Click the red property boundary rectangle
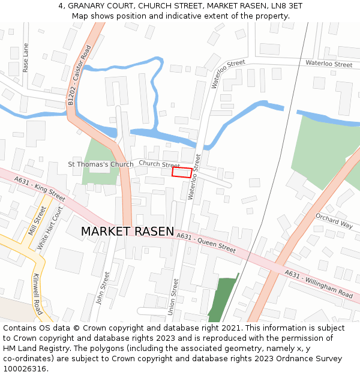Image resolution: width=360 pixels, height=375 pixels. point(182,173)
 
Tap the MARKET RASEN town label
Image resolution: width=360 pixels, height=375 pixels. point(127,232)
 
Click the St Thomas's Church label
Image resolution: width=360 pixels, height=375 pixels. point(101,164)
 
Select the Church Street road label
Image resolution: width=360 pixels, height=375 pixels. point(159,164)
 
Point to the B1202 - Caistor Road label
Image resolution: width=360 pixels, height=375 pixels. point(79,76)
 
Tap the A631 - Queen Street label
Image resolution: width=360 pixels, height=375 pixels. point(206,243)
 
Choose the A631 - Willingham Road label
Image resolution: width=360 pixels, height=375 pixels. point(319,284)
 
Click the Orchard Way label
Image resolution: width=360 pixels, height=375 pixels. point(334,221)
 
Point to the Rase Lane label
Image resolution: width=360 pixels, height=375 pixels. point(25,58)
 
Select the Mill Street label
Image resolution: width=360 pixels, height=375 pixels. point(37,220)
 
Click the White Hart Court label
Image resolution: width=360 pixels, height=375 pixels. point(50,229)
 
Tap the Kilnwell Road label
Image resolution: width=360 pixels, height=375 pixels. point(38,295)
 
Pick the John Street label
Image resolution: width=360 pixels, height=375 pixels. point(103,288)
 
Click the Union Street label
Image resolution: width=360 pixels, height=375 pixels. point(175,296)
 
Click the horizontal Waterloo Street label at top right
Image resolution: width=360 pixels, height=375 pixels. point(328,64)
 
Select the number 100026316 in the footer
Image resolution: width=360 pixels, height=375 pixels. point(24,369)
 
